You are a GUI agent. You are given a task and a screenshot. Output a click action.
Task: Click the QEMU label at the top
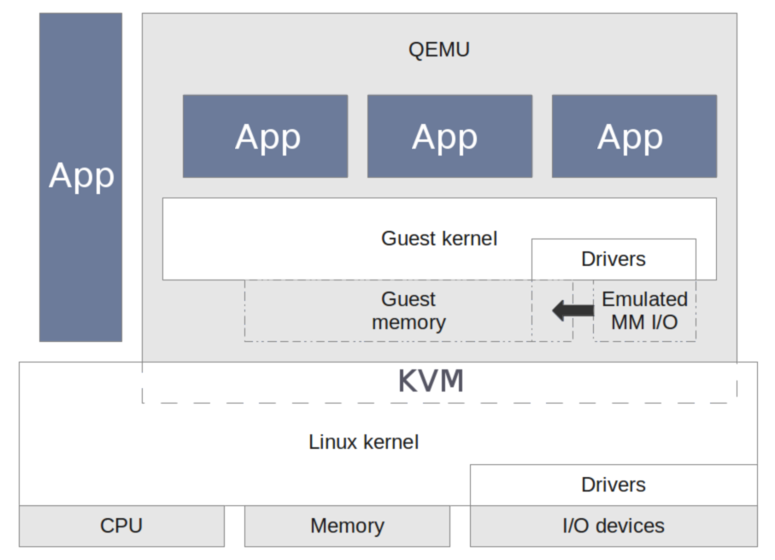pos(439,50)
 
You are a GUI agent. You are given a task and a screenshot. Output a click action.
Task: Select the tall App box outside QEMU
pos(81,176)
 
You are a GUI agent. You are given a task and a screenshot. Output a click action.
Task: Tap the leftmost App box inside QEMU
pos(266,137)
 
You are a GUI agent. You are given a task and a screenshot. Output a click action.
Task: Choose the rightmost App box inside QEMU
pos(634,137)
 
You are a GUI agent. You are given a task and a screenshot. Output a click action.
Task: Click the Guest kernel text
pos(439,238)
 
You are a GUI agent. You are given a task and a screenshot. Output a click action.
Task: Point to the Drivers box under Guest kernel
pos(614,259)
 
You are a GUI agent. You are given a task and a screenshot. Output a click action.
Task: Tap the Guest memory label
pos(408,311)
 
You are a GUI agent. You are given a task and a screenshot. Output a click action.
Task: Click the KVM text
pos(432,381)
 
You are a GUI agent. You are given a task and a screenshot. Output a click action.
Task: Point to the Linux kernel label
pos(363,442)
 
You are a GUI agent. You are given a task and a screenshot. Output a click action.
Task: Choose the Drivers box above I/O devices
pos(614,485)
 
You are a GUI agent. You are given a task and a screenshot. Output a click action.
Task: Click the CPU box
pos(121,526)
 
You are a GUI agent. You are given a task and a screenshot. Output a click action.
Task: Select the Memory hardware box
pos(347,526)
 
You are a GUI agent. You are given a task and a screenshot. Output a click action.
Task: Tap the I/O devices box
pos(614,526)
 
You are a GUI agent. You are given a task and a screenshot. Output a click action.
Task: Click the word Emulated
pos(644,299)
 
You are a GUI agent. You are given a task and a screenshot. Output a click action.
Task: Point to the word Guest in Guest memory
pos(408,299)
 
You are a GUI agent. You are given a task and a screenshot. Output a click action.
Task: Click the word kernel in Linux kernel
pos(390,442)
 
